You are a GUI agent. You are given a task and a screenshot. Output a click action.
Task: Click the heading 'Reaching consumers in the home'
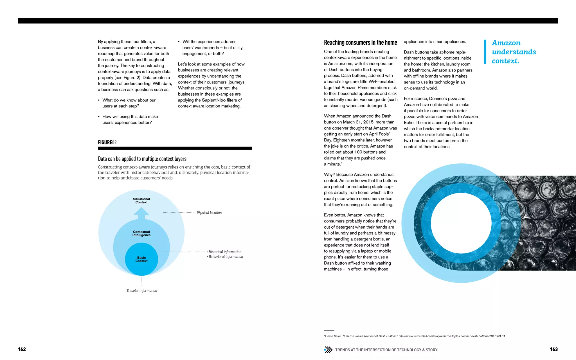(360, 42)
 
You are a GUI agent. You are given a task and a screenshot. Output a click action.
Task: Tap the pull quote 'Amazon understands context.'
(514, 52)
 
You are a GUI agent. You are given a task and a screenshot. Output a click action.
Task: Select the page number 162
(22, 349)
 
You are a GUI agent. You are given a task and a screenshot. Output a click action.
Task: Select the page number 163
(553, 349)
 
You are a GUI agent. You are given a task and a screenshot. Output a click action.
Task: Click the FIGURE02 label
(107, 142)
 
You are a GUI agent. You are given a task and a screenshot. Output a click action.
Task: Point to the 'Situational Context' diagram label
(141, 201)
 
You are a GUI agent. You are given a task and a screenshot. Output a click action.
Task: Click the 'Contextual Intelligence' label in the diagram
(141, 233)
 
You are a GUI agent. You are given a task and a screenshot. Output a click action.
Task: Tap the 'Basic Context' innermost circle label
(141, 259)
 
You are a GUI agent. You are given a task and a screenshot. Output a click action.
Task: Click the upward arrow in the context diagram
(141, 213)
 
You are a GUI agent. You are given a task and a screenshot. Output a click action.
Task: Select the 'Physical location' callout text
(209, 213)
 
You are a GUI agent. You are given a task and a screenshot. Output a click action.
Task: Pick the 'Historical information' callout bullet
(225, 252)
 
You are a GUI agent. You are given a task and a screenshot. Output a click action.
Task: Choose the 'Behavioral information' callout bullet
(226, 256)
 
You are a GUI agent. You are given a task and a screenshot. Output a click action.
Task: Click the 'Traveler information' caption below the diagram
(142, 291)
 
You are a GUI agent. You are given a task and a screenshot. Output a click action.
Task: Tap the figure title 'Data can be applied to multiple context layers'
(142, 159)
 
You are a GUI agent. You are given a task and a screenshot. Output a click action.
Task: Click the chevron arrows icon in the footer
(328, 350)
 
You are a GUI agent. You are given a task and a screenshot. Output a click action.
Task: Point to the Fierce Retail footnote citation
(415, 336)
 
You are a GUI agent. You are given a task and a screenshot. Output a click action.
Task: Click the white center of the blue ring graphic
(461, 223)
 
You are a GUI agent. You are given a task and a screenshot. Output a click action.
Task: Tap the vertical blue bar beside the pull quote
(485, 52)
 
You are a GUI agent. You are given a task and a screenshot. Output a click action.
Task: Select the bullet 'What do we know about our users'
(129, 103)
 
